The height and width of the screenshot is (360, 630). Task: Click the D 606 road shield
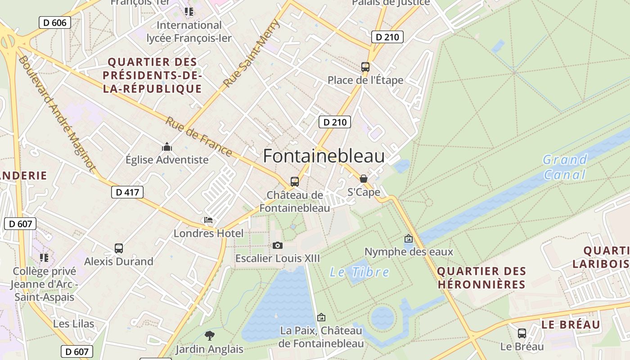pyautogui.click(x=55, y=22)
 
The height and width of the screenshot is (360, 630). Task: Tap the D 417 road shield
pyautogui.click(x=127, y=192)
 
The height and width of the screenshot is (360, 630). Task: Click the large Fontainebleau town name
pyautogui.click(x=324, y=156)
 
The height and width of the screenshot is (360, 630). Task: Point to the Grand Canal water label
pyautogui.click(x=565, y=167)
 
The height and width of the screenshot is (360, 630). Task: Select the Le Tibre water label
pyautogui.click(x=360, y=272)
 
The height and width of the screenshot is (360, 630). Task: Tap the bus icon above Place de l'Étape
pyautogui.click(x=365, y=67)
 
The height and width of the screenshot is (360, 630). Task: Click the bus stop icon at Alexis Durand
pyautogui.click(x=119, y=248)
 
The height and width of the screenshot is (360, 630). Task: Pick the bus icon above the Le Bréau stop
pyautogui.click(x=522, y=333)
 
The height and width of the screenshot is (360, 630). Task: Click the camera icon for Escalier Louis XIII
pyautogui.click(x=278, y=245)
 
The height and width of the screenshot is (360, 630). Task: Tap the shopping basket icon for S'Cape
pyautogui.click(x=364, y=179)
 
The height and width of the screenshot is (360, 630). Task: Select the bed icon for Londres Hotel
pyautogui.click(x=208, y=220)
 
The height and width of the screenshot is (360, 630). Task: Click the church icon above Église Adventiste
pyautogui.click(x=167, y=147)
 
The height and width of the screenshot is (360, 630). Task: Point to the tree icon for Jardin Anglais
pyautogui.click(x=209, y=335)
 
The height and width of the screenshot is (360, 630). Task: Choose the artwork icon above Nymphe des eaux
pyautogui.click(x=409, y=238)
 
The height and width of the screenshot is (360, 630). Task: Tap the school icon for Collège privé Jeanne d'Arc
pyautogui.click(x=44, y=258)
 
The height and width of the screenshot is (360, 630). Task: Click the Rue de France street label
pyautogui.click(x=198, y=137)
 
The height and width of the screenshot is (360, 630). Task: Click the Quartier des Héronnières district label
pyautogui.click(x=481, y=278)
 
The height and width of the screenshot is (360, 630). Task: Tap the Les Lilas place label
pyautogui.click(x=74, y=324)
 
